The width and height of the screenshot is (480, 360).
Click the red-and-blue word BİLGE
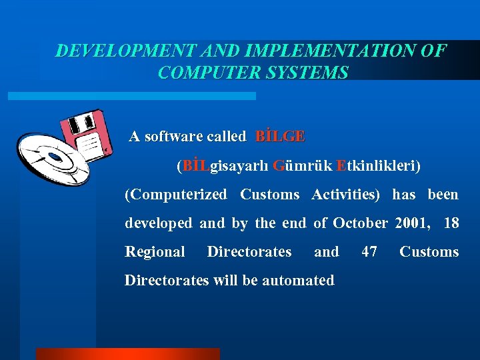coord(280,137)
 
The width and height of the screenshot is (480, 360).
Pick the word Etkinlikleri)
coord(379,165)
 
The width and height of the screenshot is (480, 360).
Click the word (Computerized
coord(176,195)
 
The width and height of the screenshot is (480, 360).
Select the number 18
coord(451,223)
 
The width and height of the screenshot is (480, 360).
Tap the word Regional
coord(155,252)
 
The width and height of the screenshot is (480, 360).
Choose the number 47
coord(369,252)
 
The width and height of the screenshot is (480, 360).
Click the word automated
coord(298,281)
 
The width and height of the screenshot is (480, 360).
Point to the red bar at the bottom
coord(127,354)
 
